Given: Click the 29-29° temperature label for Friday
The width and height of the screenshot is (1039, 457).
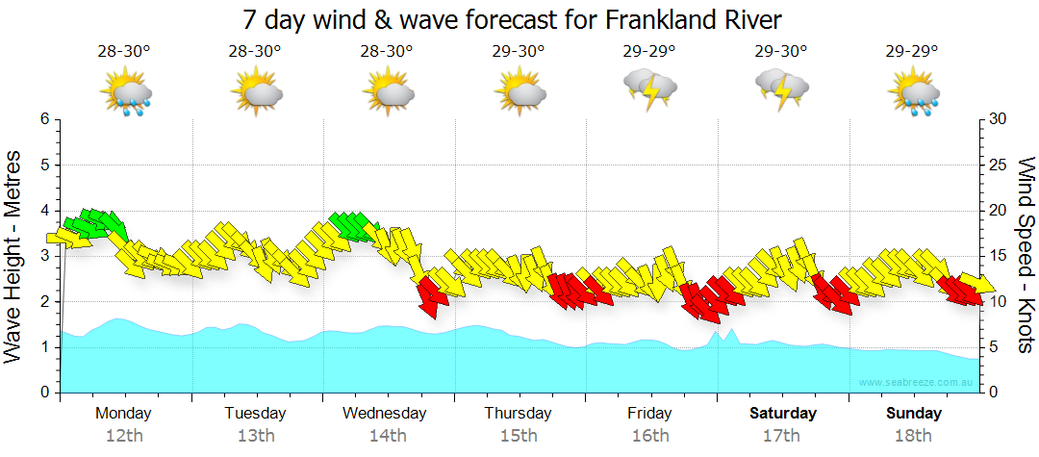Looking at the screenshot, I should coord(649,51).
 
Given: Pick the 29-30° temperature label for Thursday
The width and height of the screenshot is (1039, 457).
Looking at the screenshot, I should coord(519,51).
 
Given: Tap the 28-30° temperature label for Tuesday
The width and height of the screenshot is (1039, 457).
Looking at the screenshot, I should coord(255,51).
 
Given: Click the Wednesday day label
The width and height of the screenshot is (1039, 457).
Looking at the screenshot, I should coord(385,414).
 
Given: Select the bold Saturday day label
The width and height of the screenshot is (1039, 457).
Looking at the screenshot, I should coord(782,414).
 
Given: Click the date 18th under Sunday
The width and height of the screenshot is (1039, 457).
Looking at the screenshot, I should coord(913,435).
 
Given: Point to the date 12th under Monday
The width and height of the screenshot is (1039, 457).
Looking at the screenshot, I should coord(123,435).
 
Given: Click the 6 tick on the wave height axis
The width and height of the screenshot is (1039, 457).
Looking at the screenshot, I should coord(43,119).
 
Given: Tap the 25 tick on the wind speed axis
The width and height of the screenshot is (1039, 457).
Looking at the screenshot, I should coord(999,165).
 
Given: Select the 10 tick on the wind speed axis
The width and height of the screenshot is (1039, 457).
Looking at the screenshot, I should coord(999,301).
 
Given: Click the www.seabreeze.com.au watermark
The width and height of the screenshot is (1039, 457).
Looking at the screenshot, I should coord(917,382).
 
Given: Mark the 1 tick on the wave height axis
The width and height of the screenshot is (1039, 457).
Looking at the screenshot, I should coord(43,347).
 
